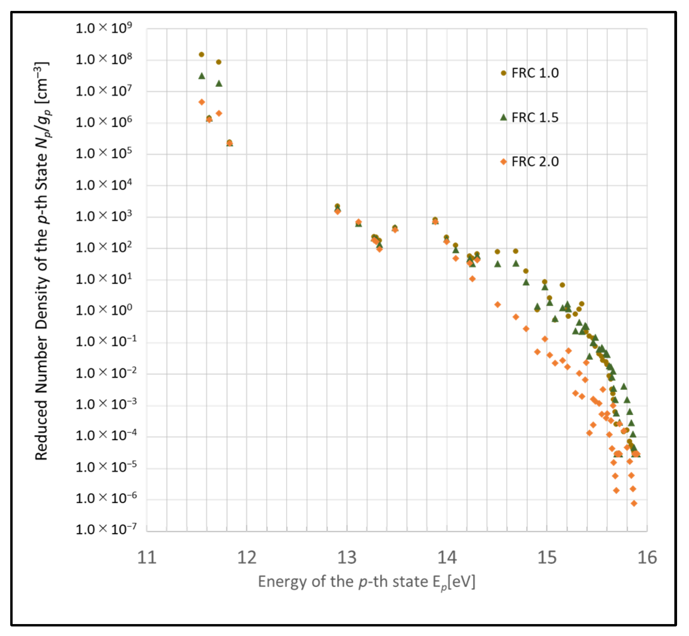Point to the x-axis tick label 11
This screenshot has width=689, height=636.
[x=147, y=558]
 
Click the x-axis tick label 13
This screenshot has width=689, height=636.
[x=347, y=558]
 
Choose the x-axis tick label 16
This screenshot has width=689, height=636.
[x=647, y=558]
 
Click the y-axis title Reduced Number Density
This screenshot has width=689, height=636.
[x=42, y=262]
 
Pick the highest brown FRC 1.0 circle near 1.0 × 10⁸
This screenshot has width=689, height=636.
[x=201, y=54]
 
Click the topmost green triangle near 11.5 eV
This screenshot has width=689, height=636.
[x=202, y=76]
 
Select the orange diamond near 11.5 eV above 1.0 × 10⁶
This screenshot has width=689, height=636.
[x=202, y=102]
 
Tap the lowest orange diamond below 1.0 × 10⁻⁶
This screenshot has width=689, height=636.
[x=634, y=503]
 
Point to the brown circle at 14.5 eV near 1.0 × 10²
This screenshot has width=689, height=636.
[x=497, y=252]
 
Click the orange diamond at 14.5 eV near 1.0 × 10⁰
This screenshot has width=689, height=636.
[x=497, y=305]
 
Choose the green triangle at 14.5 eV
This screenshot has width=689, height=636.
[x=497, y=264]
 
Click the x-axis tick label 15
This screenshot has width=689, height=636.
[x=546, y=558]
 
